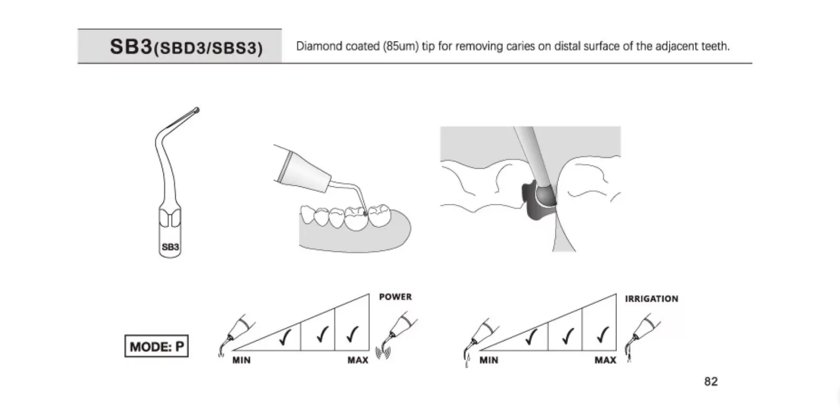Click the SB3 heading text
click(131, 46)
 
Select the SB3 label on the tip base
click(170, 247)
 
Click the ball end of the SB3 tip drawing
click(196, 110)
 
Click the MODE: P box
click(156, 346)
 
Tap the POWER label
click(395, 297)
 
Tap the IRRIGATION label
click(651, 299)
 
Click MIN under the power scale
click(241, 360)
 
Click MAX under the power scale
click(358, 360)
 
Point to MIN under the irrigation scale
click(489, 360)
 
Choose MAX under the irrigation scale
click(605, 360)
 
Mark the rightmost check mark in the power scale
click(352, 334)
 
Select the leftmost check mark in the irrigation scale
click(531, 336)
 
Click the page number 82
click(711, 381)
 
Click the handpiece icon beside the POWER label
click(397, 335)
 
